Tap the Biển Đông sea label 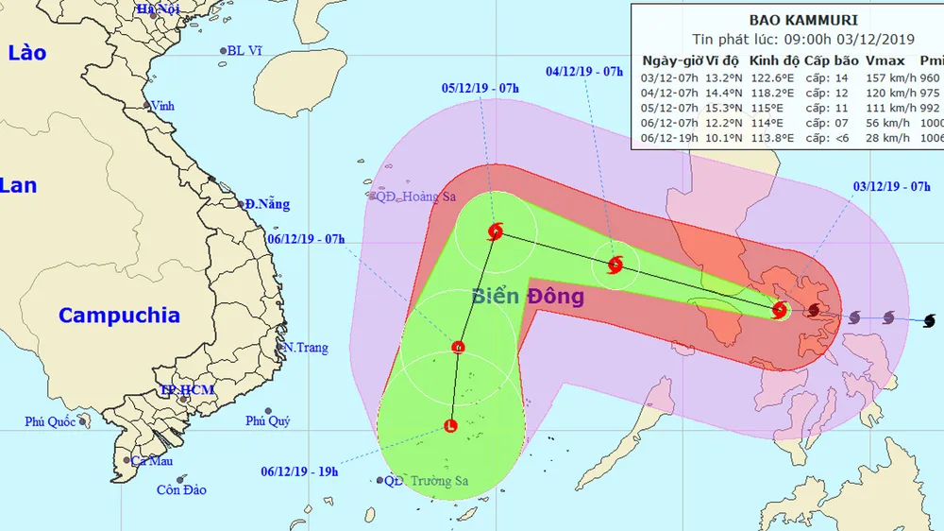point(528,297)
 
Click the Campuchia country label point(119,316)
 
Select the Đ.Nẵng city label point(267,204)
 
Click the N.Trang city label point(306,348)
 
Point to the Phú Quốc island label point(50,421)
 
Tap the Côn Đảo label point(182,490)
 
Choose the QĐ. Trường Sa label point(426,481)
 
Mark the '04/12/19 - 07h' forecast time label point(585,71)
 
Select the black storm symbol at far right point(929,321)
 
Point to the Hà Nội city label point(158,9)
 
